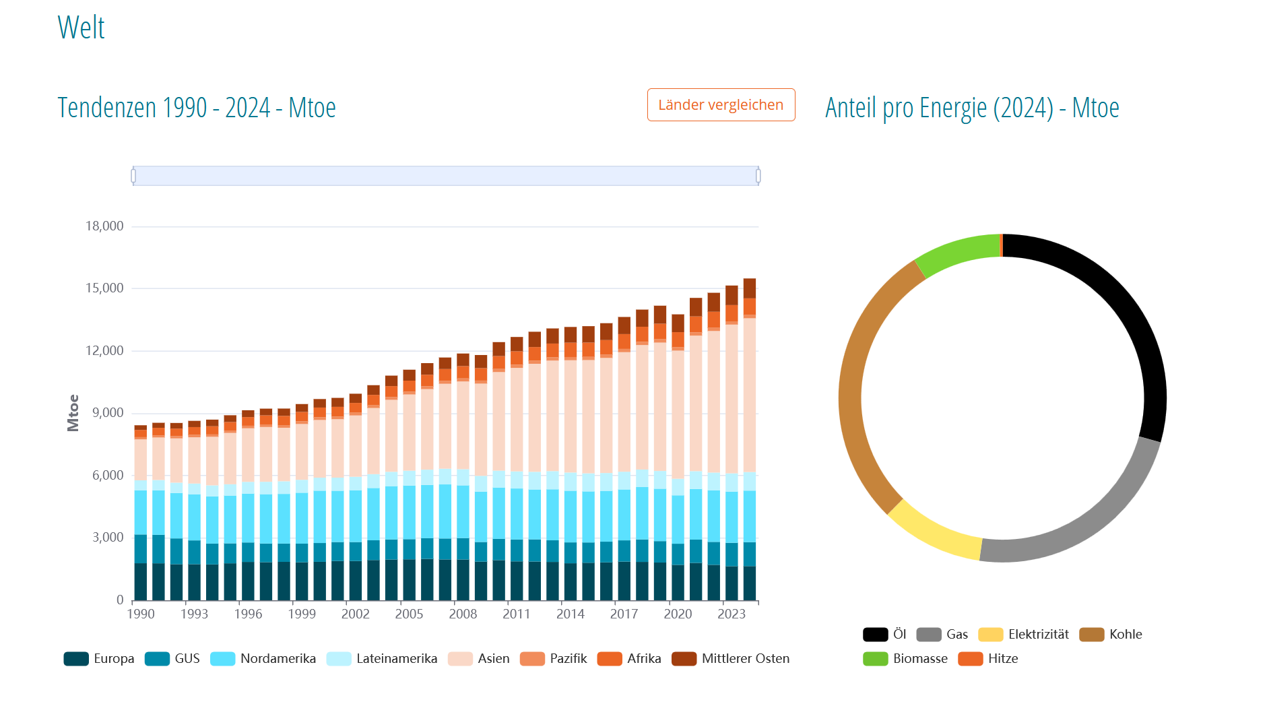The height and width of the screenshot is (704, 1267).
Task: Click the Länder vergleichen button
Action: coord(721,105)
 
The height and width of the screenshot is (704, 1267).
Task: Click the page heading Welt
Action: coord(81,28)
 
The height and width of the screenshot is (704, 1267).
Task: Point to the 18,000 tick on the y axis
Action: coord(104,226)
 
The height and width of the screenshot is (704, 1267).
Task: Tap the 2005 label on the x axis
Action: coord(409,614)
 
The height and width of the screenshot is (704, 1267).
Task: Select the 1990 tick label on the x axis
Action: coord(141,614)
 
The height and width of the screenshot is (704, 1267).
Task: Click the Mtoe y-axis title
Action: coord(73,412)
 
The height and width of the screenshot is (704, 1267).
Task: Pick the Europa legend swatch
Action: coord(76,659)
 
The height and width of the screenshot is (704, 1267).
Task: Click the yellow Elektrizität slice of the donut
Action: coord(933,532)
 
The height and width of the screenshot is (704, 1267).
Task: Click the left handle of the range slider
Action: coord(133,176)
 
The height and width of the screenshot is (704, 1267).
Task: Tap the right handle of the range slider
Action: coord(758,176)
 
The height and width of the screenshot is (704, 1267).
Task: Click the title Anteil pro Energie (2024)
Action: coord(972,108)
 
